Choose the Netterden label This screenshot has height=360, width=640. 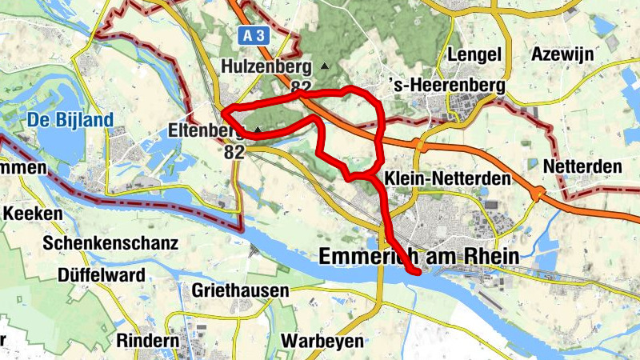coord(582,166)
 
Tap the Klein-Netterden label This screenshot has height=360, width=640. coord(446,178)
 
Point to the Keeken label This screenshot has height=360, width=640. coord(33,214)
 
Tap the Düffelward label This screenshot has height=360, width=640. coord(102,275)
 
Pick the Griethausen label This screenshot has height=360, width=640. coord(240,291)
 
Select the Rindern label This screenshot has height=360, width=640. coord(147,340)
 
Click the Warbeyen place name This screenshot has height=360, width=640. coord(322,340)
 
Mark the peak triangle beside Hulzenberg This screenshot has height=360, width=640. coord(324,66)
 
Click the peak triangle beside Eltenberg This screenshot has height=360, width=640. coord(258,129)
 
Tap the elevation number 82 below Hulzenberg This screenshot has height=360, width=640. coord(301,86)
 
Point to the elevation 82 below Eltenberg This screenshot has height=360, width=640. coord(234,150)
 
